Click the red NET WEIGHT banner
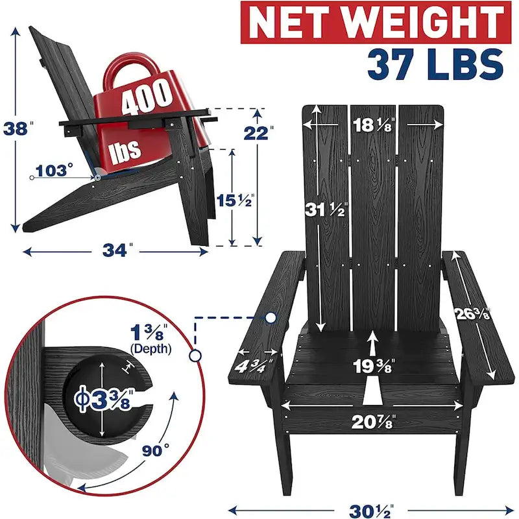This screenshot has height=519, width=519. (x=376, y=23)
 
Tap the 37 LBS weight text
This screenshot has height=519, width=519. (x=435, y=64)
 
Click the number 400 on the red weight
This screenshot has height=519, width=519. (x=147, y=98)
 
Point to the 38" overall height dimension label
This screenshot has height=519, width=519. (x=18, y=128)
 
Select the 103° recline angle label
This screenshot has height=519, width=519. (x=54, y=171)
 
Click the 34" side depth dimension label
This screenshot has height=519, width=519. (x=117, y=250)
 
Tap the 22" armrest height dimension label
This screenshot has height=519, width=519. (x=258, y=133)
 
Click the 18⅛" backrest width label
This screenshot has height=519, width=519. (x=374, y=125)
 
